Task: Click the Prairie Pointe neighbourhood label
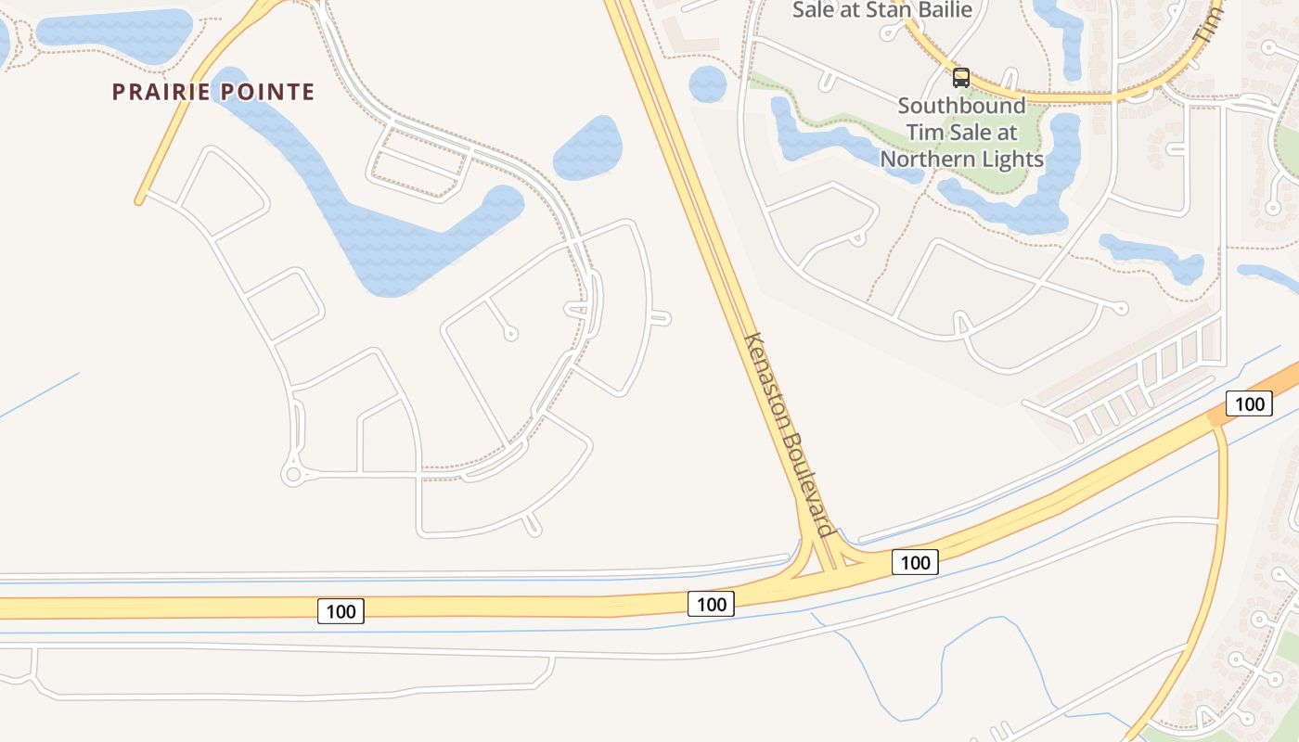click(213, 92)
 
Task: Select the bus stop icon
click(960, 78)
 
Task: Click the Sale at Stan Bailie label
click(881, 10)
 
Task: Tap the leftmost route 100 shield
click(341, 611)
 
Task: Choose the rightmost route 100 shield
click(1249, 403)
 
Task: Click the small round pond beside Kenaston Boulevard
click(708, 84)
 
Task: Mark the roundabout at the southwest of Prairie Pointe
click(294, 475)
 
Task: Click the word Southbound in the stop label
click(961, 105)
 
